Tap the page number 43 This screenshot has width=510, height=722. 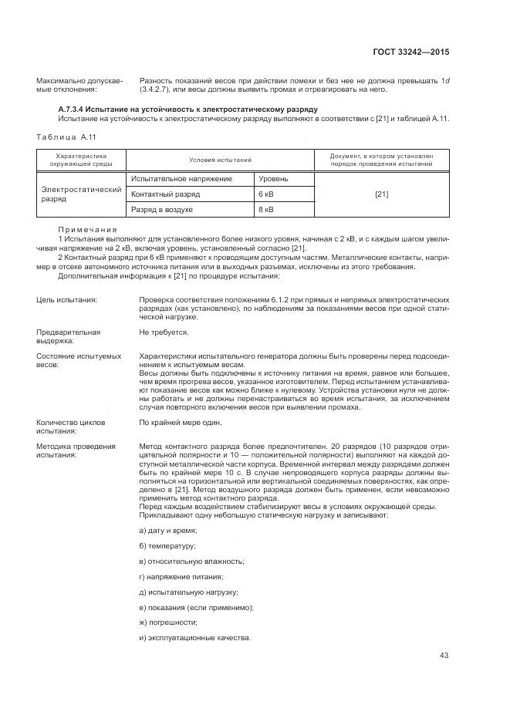[x=444, y=656]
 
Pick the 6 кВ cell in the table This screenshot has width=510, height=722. [x=266, y=194]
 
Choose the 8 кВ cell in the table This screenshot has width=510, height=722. [x=266, y=209]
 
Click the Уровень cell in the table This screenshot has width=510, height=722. [x=273, y=179]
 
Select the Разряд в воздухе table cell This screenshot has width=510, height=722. [x=161, y=209]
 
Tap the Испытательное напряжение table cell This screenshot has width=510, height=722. [x=181, y=179]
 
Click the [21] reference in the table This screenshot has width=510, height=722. [x=381, y=194]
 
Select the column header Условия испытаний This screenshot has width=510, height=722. [x=221, y=159]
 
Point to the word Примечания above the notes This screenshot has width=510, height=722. [x=87, y=229]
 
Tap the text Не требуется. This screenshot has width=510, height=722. [x=164, y=332]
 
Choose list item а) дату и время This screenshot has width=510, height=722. [x=167, y=531]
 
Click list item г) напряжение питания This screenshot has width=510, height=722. [x=181, y=576]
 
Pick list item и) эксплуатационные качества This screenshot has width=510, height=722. [x=194, y=638]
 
